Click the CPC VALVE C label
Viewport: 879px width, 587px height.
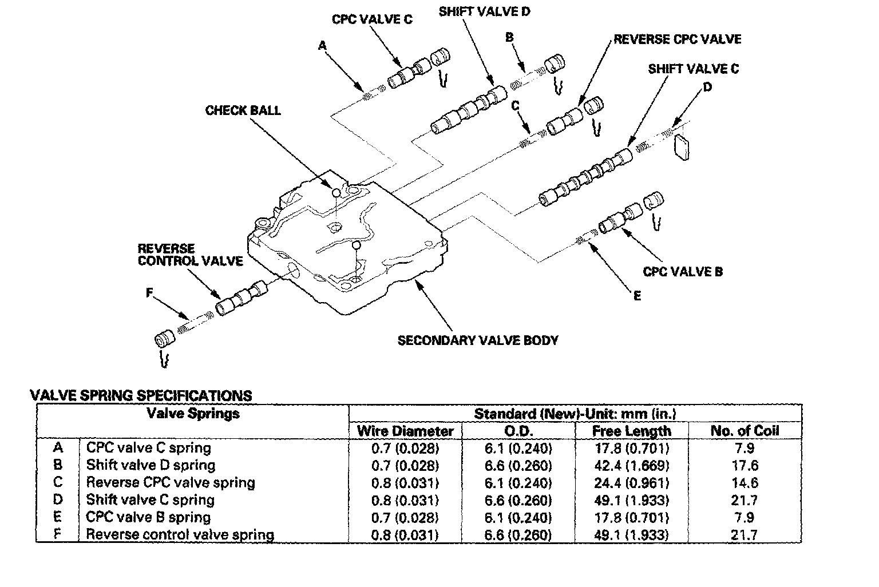coord(372,19)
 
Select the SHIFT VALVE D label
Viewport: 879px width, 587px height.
coord(484,11)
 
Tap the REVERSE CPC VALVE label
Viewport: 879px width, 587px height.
coord(677,39)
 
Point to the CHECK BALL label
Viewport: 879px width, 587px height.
coord(243,110)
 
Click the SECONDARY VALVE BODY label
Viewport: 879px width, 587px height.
coord(478,340)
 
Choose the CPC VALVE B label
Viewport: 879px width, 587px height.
coord(683,271)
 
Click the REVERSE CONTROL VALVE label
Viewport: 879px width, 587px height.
coord(190,255)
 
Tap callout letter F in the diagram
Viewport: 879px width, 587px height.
coord(149,293)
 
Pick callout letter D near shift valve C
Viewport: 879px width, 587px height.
coord(707,87)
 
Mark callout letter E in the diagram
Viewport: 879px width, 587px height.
coord(637,296)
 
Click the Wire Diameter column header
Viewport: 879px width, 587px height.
coord(405,431)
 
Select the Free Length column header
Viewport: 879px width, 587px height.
coord(631,431)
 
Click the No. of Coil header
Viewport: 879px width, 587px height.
coord(745,431)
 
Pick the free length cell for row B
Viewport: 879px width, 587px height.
coord(631,465)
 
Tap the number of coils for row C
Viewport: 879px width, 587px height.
coord(745,482)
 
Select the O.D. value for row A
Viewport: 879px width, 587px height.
coord(518,448)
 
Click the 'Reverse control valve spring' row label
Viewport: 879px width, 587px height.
coord(180,535)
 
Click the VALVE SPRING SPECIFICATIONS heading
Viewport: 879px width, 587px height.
coord(141,395)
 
